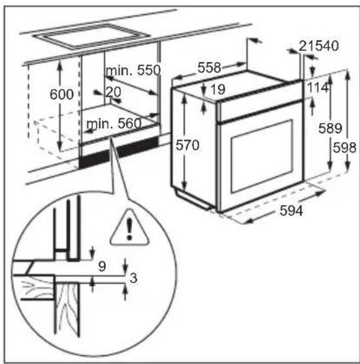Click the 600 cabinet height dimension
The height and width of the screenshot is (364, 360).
click(62, 95)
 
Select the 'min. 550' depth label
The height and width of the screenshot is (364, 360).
click(133, 71)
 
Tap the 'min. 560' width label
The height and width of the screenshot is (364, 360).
click(112, 122)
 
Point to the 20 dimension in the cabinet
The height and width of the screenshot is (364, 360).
click(113, 93)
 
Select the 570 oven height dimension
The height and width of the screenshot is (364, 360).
click(188, 146)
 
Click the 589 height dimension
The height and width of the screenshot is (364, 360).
click(330, 129)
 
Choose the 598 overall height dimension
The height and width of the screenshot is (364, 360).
click(344, 148)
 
